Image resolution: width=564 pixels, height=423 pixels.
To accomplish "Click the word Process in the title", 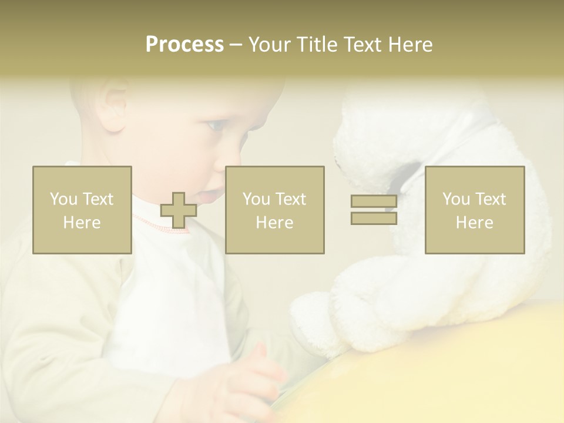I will (184, 45).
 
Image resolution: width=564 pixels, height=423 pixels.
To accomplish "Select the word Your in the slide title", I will (270, 45).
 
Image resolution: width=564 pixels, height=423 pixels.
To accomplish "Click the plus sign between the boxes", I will (179, 210).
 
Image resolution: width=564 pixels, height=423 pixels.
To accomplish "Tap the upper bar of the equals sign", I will (374, 202).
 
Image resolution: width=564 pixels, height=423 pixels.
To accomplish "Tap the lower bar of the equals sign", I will (374, 219).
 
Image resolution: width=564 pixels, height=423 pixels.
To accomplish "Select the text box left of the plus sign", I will (82, 210).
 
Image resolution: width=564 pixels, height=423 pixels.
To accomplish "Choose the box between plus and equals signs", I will (275, 210).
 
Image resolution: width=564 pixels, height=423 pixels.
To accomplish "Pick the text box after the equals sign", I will (475, 210).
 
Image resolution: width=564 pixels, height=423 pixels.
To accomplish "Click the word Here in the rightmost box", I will (475, 223).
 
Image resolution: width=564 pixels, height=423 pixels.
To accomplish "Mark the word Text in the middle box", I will (291, 199).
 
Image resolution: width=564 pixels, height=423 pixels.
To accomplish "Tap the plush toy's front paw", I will (317, 317).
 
